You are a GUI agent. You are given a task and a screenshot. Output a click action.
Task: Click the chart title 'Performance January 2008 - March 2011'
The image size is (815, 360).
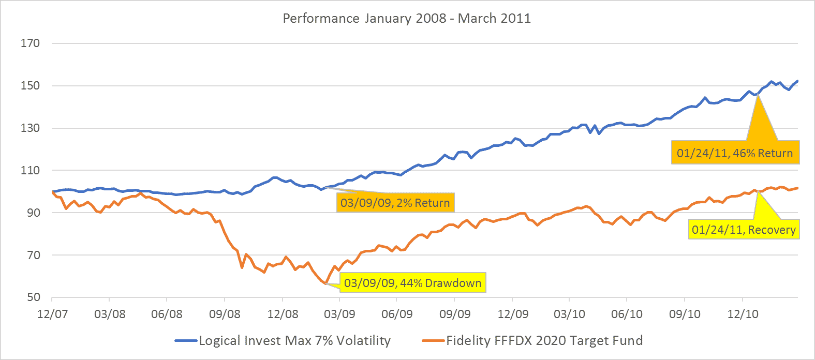[407, 19]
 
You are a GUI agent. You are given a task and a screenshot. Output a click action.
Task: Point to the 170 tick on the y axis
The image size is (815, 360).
[30, 43]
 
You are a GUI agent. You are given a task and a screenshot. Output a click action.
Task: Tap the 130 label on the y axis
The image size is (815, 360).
[30, 128]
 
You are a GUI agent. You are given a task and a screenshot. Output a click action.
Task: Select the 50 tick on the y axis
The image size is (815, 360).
[33, 297]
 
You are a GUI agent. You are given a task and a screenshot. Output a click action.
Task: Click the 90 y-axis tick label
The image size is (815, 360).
[33, 213]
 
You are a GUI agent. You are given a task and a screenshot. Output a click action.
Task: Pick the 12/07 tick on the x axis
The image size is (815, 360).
[52, 314]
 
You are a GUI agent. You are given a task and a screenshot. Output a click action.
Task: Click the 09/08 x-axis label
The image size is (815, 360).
[225, 314]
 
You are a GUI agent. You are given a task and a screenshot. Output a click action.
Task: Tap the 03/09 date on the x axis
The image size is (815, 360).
[339, 314]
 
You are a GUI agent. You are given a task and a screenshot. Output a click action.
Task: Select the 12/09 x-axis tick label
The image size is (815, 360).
[513, 314]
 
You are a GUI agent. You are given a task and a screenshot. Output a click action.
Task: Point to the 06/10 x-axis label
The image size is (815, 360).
[627, 314]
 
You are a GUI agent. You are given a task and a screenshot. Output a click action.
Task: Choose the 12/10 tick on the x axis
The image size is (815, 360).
[743, 314]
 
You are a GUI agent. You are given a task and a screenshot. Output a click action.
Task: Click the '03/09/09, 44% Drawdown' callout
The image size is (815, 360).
[412, 283]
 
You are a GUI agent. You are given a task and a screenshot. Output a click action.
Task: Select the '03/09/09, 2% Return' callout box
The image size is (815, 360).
[395, 203]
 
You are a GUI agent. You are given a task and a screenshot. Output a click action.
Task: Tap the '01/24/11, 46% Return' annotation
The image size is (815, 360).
[735, 153]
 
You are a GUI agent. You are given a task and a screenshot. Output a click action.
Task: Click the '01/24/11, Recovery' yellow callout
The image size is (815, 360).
[744, 230]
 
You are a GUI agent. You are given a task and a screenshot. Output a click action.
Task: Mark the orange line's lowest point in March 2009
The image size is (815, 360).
[325, 283]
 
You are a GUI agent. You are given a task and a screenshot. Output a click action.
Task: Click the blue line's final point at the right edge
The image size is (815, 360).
[797, 81]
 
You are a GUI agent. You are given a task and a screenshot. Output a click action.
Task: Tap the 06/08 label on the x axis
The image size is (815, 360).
[167, 314]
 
